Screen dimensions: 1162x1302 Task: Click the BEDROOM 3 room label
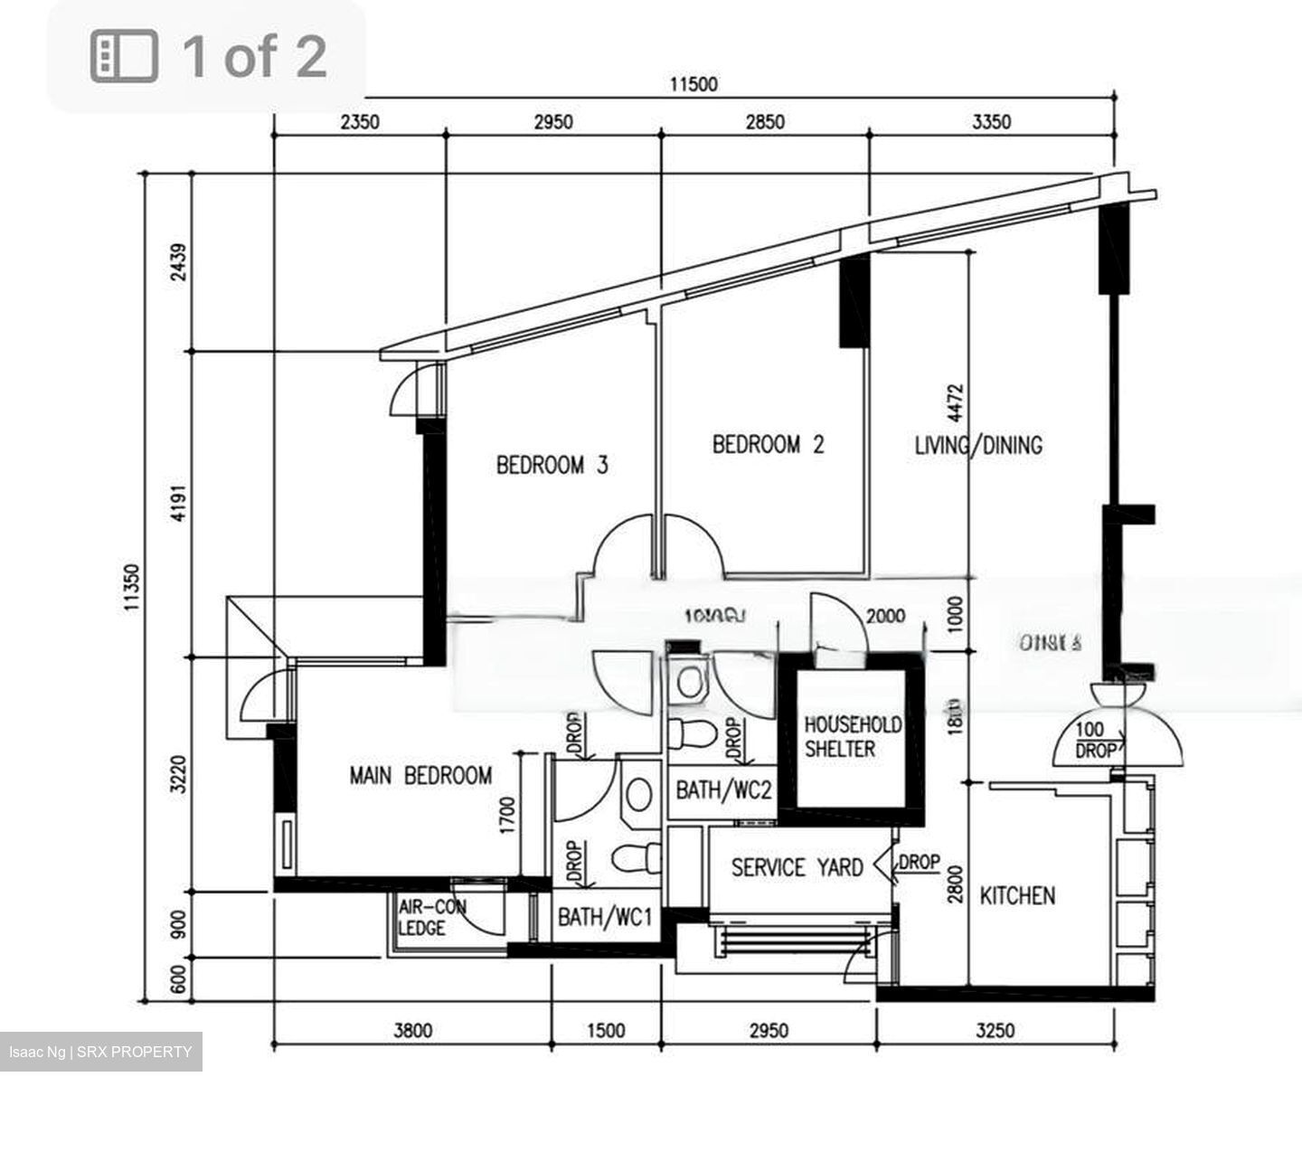(552, 466)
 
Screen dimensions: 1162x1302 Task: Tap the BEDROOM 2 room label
(768, 445)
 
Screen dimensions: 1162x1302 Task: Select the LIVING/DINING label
(978, 445)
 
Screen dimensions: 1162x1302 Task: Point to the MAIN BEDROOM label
(420, 776)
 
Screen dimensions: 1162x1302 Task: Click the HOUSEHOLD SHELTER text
(840, 737)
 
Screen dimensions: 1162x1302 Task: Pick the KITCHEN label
(1017, 896)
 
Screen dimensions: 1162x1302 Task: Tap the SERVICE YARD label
(797, 868)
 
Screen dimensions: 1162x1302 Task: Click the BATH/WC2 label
(723, 790)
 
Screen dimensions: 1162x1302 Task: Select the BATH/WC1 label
(605, 918)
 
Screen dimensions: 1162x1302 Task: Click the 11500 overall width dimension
(693, 85)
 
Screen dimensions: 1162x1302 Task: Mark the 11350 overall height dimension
(132, 589)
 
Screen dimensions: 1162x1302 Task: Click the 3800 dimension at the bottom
(412, 1031)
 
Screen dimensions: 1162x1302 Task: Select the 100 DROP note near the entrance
(1095, 741)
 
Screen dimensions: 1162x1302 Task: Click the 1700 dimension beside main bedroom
(508, 815)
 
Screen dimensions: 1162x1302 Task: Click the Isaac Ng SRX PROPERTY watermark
(100, 1053)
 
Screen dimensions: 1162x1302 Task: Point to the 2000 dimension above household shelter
(885, 617)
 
